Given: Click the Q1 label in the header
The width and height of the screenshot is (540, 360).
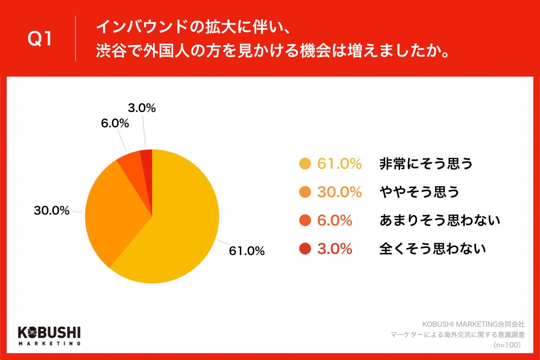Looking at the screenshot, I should tap(40, 39).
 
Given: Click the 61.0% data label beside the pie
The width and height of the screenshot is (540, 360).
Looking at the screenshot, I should tap(247, 251).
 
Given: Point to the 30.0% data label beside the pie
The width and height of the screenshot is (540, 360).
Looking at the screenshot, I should tap(52, 210).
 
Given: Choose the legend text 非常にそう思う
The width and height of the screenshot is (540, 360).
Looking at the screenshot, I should tap(426, 164).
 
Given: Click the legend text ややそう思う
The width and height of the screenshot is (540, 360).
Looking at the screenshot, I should tap(419, 192).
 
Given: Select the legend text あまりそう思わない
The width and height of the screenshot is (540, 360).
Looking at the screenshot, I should tap(440, 220).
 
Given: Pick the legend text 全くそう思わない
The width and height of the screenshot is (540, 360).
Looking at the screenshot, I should tap(433, 248).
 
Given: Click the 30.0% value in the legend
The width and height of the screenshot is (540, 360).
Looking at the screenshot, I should tap(339, 192).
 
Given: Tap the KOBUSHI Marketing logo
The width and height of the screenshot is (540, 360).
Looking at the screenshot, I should tap(49, 336).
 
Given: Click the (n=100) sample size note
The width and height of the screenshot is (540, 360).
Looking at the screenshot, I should tap(507, 345).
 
